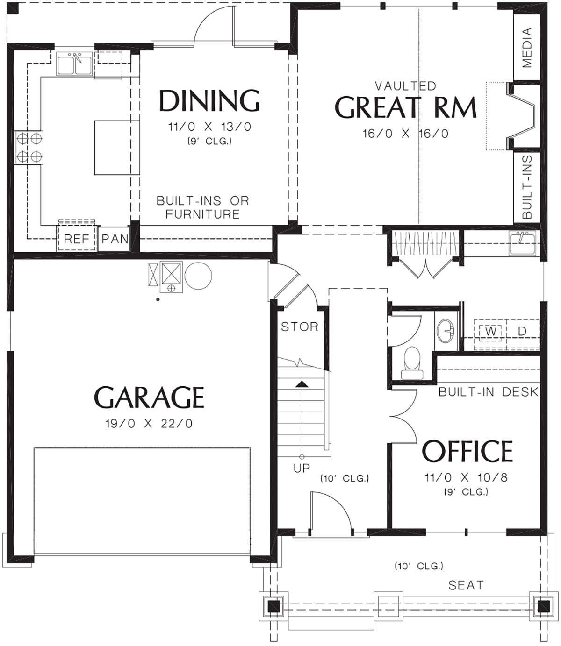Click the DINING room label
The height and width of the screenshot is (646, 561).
coord(209,100)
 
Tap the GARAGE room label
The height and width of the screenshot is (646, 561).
coord(149,398)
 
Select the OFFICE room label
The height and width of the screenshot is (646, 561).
coord(467,451)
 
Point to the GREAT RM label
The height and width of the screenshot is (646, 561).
coord(405,107)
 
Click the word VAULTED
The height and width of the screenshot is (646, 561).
coord(405,86)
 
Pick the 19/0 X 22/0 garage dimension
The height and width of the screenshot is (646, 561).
coord(149,424)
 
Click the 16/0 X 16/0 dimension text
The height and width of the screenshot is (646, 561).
coord(405,134)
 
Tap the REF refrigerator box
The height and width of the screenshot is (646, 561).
coord(76,239)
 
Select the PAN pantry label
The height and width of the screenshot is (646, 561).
coord(115,239)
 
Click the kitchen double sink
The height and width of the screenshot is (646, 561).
coord(74,64)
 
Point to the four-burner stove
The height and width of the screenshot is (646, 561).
coord(29,147)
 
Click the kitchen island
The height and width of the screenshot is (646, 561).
coord(117,147)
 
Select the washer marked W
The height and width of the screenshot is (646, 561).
coord(490,331)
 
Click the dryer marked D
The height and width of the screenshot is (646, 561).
coord(522,331)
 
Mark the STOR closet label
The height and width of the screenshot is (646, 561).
coord(299,327)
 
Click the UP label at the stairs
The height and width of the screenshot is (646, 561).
coord(302,468)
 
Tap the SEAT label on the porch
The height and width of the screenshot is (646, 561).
coord(466,585)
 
